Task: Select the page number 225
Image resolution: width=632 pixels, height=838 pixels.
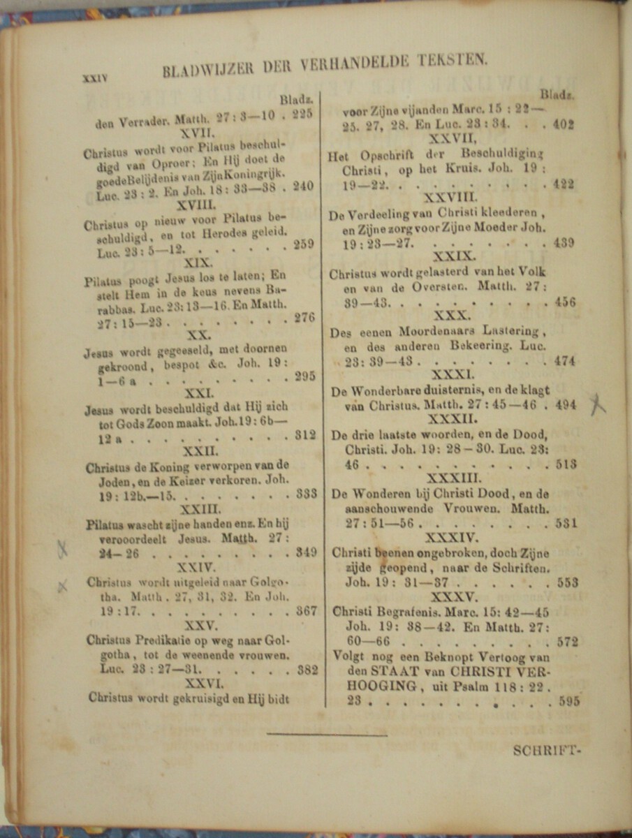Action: click(x=302, y=115)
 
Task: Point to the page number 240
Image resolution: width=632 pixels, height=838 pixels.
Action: click(x=304, y=186)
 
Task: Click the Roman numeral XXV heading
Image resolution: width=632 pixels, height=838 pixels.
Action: click(x=203, y=626)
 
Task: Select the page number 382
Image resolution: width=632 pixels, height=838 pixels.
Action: click(x=307, y=670)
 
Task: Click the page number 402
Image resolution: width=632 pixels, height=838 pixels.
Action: click(x=562, y=125)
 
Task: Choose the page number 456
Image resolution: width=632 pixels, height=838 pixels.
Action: click(x=564, y=302)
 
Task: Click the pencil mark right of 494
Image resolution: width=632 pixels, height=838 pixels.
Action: click(x=597, y=404)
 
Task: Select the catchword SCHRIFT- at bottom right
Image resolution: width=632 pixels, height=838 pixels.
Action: click(x=546, y=751)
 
